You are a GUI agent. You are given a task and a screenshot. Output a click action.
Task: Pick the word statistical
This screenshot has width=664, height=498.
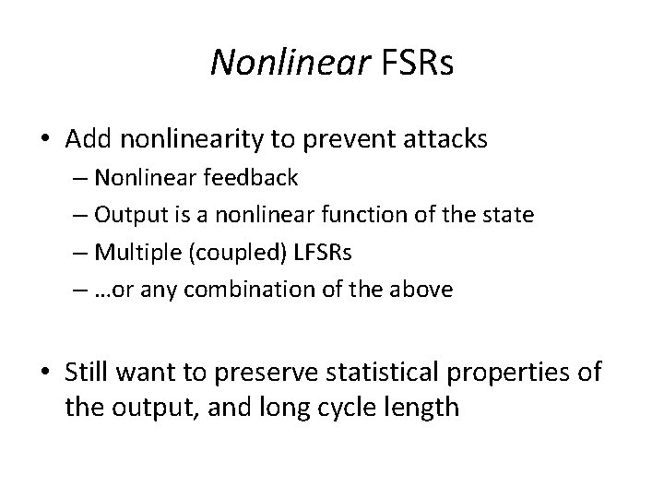(368, 373)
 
